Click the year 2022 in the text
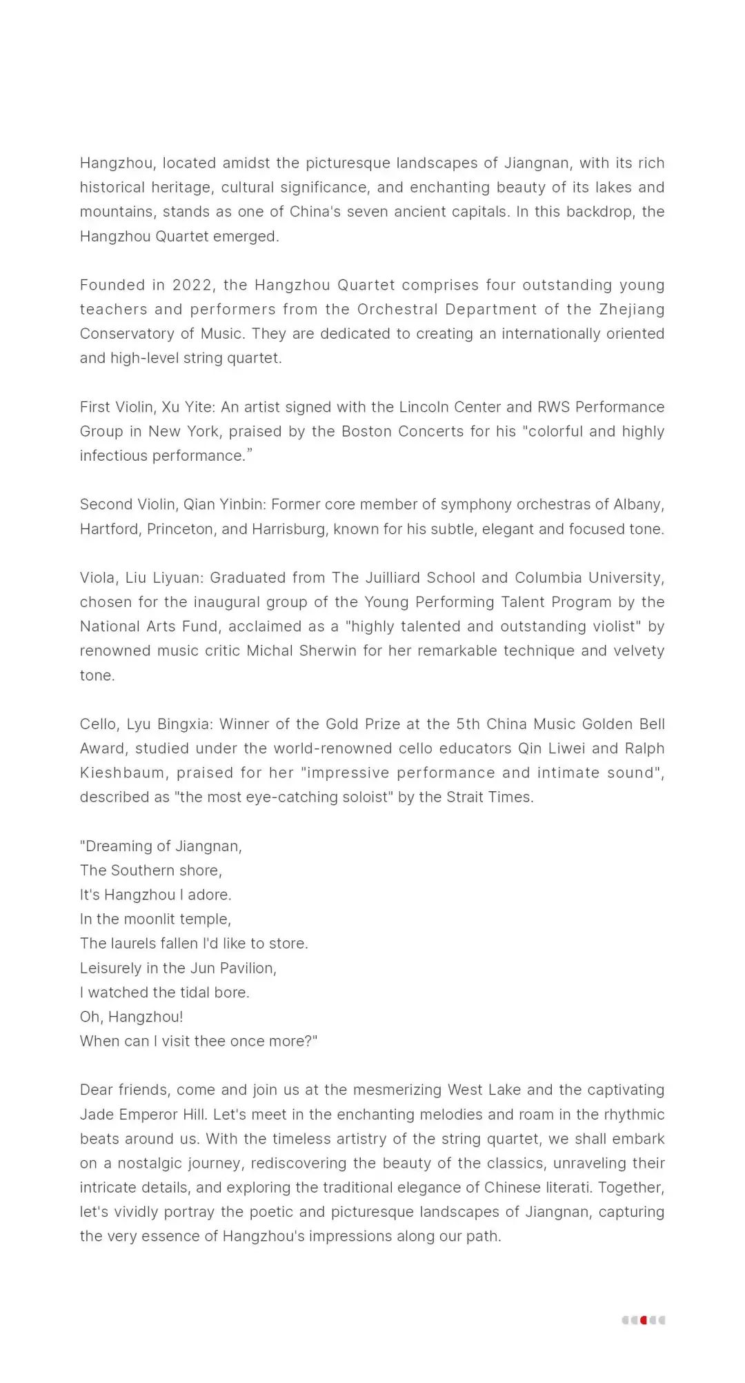[192, 285]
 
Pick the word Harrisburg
[290, 529]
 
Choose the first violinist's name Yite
[197, 407]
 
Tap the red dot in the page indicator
[644, 1320]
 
